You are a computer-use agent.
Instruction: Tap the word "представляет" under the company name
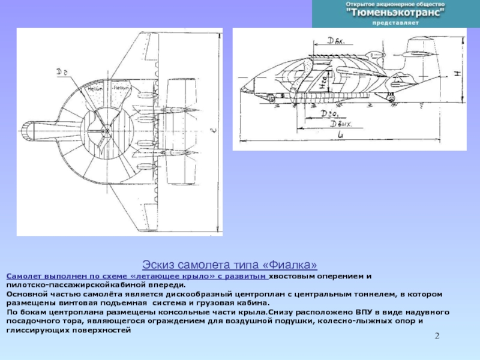click(395, 22)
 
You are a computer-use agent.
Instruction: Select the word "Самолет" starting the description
click(23, 275)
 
